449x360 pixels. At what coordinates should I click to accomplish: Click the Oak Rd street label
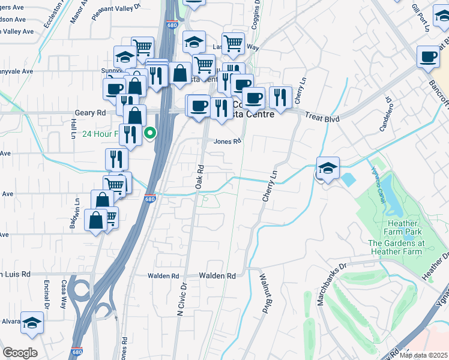[200, 177]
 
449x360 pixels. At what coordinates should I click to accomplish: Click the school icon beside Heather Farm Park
[328, 168]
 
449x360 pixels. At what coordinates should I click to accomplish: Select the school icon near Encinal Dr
[32, 322]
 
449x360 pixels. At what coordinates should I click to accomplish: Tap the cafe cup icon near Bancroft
[429, 56]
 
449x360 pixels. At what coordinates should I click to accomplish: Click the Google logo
[20, 353]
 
